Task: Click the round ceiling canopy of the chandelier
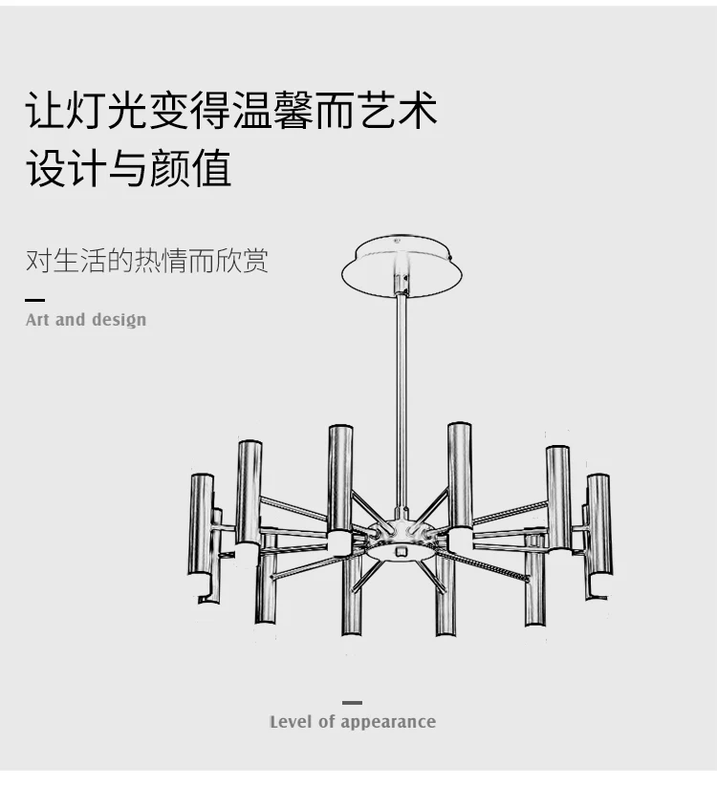tap(402, 266)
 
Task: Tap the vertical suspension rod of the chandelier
tap(402, 401)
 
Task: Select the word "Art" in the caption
tap(37, 320)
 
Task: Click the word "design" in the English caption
tap(119, 321)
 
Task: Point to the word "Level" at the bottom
tap(291, 722)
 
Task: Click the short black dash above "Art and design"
tap(34, 300)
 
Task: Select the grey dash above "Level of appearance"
tap(352, 703)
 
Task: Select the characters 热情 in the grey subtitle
tap(160, 261)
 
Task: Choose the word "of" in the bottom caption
tap(330, 722)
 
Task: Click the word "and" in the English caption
tap(70, 320)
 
